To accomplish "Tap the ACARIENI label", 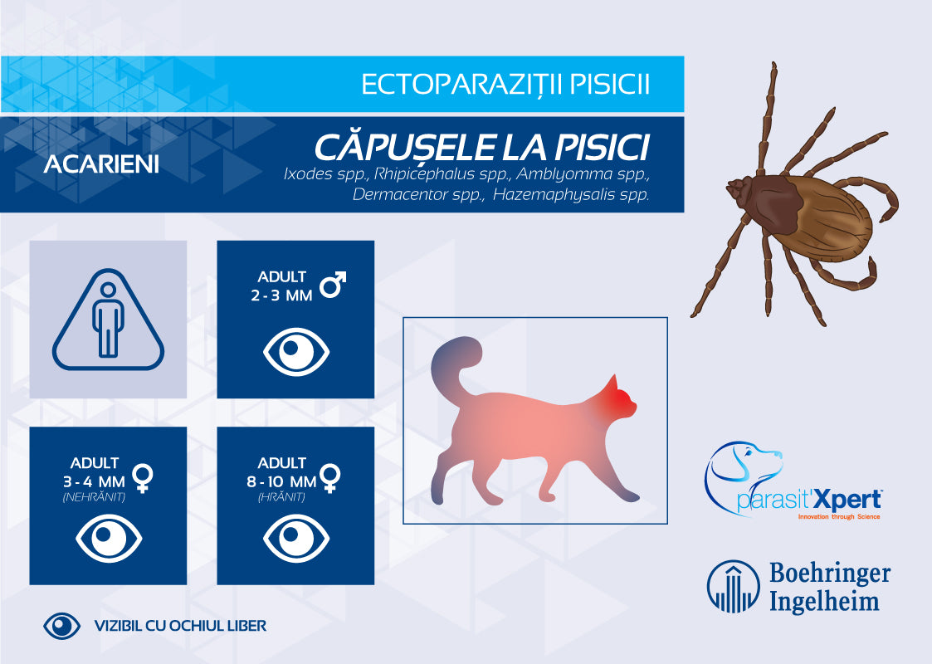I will point(101,164).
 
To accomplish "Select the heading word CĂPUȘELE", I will point(403,148).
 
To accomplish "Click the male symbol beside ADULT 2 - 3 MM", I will point(333,285).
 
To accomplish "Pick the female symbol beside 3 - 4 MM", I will point(144,476).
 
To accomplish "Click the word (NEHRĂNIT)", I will point(87,497).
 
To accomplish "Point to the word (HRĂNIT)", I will point(281,497).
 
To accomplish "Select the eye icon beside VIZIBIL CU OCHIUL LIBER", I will point(61,626).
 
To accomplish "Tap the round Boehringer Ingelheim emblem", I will point(733,585).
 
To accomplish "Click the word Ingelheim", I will point(824,599).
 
